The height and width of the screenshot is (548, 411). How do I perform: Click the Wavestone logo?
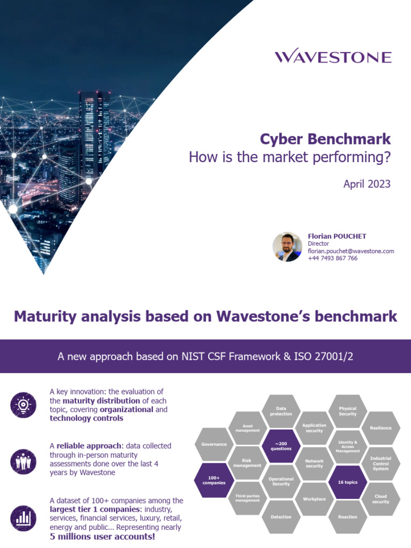(x=333, y=57)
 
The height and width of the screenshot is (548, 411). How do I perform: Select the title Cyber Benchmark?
(x=325, y=139)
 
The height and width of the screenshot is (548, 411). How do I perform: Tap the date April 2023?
(x=367, y=184)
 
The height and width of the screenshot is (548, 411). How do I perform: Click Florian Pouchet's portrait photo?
(x=287, y=247)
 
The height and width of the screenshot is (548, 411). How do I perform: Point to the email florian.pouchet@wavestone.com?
(x=351, y=251)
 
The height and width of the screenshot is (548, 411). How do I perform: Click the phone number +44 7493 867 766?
(x=332, y=258)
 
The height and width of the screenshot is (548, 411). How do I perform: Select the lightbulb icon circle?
(x=23, y=405)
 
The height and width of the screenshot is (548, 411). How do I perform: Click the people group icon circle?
(x=23, y=459)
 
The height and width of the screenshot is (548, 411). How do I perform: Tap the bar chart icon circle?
(x=23, y=517)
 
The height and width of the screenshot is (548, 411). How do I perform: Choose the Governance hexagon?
(x=214, y=445)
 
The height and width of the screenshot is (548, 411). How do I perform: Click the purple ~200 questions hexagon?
(x=281, y=446)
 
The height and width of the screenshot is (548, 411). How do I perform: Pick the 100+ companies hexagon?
(x=214, y=480)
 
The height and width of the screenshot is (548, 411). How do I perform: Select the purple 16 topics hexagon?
(x=347, y=482)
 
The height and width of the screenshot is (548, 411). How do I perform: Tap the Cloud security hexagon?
(x=380, y=499)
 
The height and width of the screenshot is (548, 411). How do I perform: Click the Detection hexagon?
(x=281, y=517)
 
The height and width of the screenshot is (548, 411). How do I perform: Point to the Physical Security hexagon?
(x=347, y=411)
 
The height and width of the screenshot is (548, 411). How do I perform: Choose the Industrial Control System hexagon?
(x=380, y=463)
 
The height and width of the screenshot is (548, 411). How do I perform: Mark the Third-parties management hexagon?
(x=247, y=498)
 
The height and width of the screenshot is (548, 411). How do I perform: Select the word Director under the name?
(x=318, y=243)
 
